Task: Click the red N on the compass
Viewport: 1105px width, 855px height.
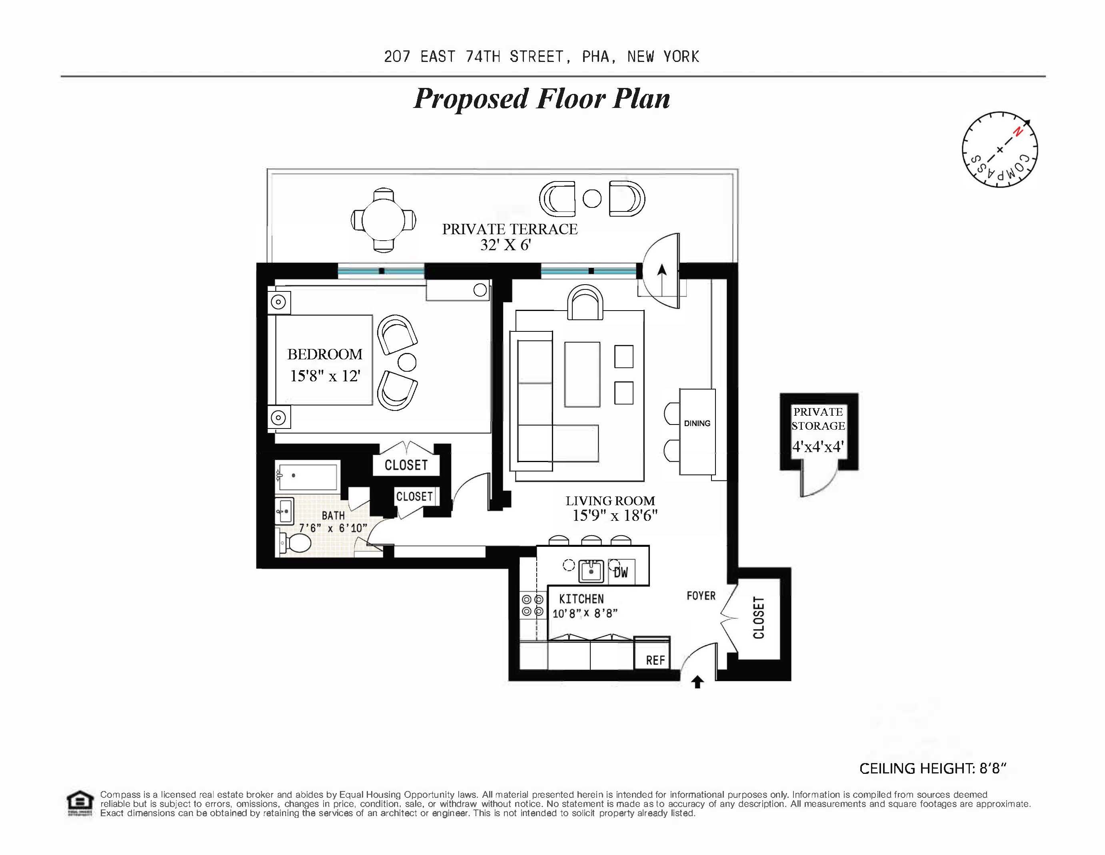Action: pos(1017,132)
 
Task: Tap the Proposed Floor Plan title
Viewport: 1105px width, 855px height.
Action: pos(542,99)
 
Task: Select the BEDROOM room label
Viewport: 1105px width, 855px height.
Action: pos(325,354)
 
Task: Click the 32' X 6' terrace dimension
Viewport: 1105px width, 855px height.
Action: pos(505,245)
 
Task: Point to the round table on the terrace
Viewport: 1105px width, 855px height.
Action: pos(384,220)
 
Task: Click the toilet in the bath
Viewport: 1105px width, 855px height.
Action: pos(295,544)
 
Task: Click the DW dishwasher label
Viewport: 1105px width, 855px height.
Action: pos(621,572)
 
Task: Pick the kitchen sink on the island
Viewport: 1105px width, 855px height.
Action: pos(590,571)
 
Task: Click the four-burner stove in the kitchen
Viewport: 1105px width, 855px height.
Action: pos(532,605)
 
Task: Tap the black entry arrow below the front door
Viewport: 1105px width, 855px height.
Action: pos(698,683)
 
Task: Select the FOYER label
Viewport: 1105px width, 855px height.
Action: pos(701,596)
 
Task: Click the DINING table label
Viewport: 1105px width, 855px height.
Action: pos(697,423)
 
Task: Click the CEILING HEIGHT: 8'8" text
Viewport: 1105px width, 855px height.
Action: pos(933,769)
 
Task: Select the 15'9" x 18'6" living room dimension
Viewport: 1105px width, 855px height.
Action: pos(614,516)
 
